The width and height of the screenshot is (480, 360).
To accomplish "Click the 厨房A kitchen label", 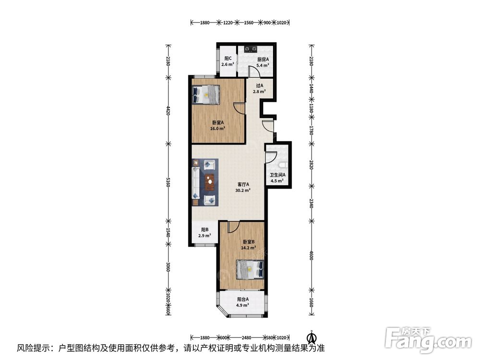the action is coord(263,62).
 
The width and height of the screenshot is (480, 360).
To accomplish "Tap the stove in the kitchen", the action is coord(251,48).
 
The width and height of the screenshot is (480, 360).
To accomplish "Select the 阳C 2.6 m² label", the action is coord(228,61).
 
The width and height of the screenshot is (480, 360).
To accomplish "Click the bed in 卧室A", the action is coord(206,95).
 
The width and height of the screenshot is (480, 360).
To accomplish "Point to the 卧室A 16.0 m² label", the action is coord(217,125).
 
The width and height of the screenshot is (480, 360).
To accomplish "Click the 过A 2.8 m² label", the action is coord(259,89).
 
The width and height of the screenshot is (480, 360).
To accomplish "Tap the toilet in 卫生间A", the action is coord(283,165).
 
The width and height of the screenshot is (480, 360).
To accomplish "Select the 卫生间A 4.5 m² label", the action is coord(277,178).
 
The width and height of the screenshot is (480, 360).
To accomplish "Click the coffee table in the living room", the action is coord(210,182).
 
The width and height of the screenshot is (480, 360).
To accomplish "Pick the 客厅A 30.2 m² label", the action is coord(243,187).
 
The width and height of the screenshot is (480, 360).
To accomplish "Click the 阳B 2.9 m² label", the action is coord(205,233).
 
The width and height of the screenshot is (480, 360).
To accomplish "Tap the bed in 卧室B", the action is coord(250,270).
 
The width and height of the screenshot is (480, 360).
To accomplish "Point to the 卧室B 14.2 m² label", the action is coord(249,245).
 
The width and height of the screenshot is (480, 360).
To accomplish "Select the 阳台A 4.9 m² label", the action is coord(243,302).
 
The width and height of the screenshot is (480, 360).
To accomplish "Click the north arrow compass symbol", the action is coord(312,337).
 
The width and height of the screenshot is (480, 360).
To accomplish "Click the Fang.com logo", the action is coord(428,338).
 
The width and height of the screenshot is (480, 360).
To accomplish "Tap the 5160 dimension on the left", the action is coord(168,182).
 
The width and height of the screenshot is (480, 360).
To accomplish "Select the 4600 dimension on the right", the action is coord(312,255).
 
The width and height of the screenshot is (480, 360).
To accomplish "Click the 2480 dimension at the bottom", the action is coord(246,337).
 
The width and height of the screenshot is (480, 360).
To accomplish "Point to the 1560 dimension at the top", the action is coord(249,23).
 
